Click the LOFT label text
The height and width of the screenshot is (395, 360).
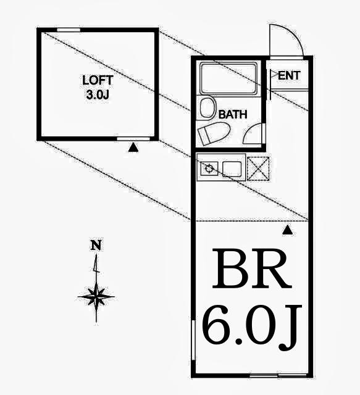(x=98, y=80)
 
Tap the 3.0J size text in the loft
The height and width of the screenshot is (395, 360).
(x=98, y=94)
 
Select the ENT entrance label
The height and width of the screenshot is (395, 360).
(x=289, y=75)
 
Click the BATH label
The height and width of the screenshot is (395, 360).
(x=233, y=115)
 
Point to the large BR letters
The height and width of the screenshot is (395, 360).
(x=252, y=269)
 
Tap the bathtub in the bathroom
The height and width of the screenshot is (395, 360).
(x=228, y=78)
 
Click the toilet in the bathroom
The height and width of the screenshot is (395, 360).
(x=214, y=133)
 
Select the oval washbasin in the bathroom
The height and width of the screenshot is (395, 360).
(x=208, y=107)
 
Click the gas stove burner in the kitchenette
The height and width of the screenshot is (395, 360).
(x=209, y=168)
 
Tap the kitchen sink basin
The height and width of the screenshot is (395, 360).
(x=232, y=168)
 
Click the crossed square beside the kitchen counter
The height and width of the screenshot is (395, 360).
(x=258, y=168)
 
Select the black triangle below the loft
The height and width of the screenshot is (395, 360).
(x=133, y=148)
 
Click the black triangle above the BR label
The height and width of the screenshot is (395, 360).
(x=287, y=230)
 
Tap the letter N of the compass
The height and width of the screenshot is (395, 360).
(x=96, y=245)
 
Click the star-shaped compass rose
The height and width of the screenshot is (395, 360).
(x=96, y=297)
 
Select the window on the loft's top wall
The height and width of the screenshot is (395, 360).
(x=69, y=30)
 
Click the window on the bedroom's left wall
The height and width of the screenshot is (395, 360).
(x=193, y=340)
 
